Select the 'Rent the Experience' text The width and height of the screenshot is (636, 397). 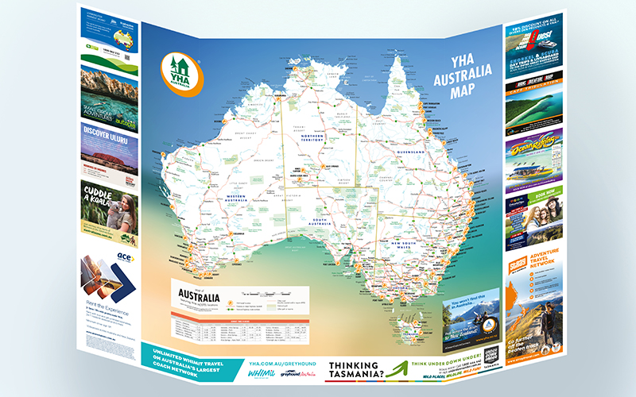[x=99, y=305]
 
